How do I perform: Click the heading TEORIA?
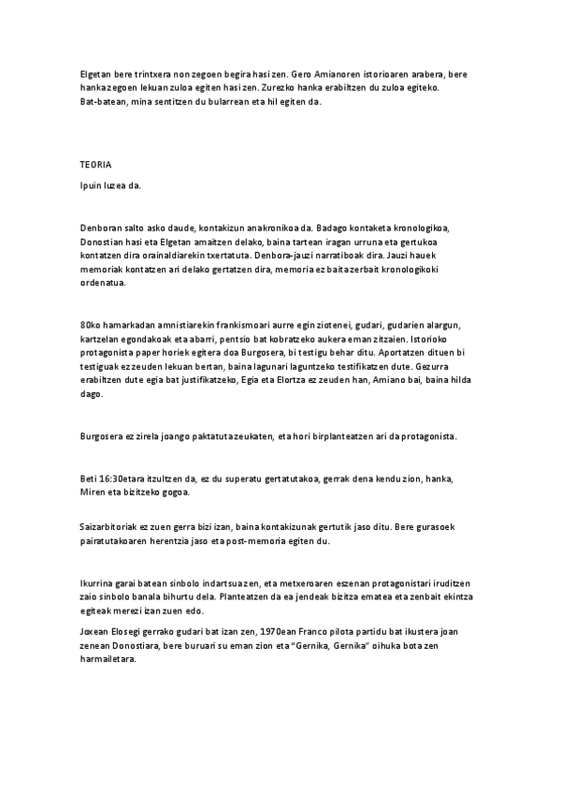[x=95, y=164]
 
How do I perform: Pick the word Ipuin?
[x=92, y=185]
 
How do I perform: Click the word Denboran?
[x=101, y=227]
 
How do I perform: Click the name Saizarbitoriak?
[x=112, y=528]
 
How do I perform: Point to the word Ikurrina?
[x=98, y=584]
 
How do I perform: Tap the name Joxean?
[x=95, y=633]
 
